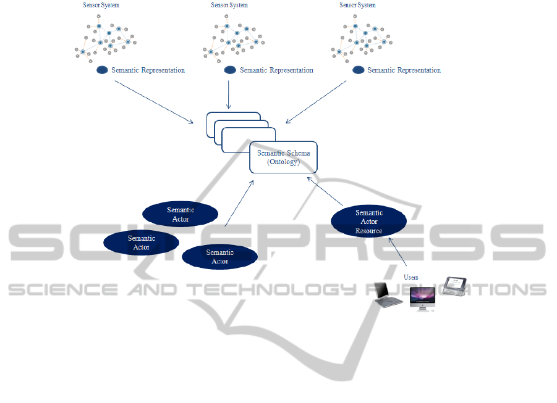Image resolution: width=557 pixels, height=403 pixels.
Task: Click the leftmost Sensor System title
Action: pos(101,5)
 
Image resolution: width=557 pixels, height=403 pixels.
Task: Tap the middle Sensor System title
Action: pos(229,5)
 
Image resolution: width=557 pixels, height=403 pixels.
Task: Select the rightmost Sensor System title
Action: pos(357,5)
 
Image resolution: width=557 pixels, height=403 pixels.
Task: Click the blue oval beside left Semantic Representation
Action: pos(103,70)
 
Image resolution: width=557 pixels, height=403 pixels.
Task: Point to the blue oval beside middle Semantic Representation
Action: pos(230,70)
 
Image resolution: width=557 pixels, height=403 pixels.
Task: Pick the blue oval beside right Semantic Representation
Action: pos(358,70)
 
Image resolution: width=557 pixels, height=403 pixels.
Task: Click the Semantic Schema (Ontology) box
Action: pos(283,157)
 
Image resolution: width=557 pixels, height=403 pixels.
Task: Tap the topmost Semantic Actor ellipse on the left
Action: pos(180,214)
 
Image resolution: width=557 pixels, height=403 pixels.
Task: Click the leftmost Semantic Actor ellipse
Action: pos(141,242)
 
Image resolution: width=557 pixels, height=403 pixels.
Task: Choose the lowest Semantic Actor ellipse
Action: pos(219,257)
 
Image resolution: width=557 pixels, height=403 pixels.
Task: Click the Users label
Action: pos(410,277)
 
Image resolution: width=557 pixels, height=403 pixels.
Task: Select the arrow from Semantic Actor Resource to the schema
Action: pos(325,191)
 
